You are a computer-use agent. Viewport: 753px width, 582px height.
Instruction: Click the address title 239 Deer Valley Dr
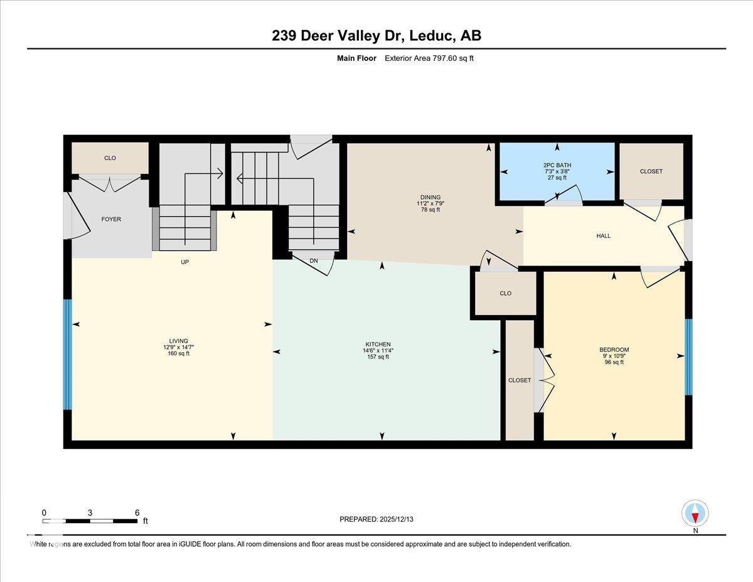click(x=376, y=36)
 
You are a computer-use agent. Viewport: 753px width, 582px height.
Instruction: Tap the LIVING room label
click(x=179, y=341)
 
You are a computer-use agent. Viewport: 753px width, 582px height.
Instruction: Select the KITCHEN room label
click(x=378, y=344)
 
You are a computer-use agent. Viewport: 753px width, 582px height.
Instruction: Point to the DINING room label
click(x=430, y=197)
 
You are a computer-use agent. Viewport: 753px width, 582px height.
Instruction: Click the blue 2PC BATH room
click(x=557, y=171)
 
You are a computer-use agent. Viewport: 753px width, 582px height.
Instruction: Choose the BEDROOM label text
click(x=614, y=350)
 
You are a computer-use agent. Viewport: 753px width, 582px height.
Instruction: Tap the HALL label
click(x=603, y=236)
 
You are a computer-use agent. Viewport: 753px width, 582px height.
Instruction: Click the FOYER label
click(x=111, y=219)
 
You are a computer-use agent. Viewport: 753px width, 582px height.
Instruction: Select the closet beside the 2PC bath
click(x=651, y=171)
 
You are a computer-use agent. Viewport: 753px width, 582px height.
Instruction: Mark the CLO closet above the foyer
click(x=110, y=158)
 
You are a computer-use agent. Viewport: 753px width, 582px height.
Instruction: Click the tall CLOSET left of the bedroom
click(x=519, y=380)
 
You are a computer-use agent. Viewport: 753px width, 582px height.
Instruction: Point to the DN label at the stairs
click(x=314, y=261)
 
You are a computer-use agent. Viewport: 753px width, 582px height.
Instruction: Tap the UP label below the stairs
click(x=185, y=262)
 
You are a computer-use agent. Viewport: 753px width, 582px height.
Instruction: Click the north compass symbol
click(x=695, y=514)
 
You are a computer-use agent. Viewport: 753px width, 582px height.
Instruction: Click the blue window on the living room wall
click(x=68, y=354)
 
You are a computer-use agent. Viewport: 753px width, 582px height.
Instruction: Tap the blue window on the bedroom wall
click(x=688, y=357)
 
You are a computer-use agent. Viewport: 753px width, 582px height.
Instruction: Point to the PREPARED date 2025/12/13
click(x=377, y=519)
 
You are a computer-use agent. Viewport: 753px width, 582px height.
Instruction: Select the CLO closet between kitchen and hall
click(x=505, y=293)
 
